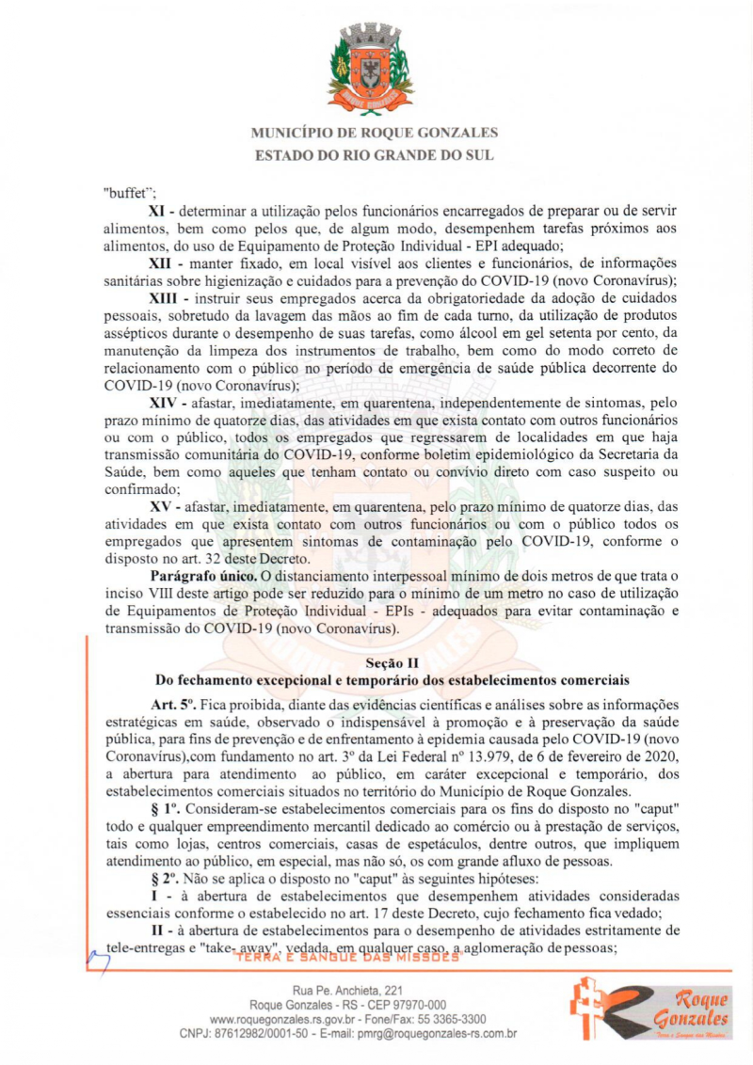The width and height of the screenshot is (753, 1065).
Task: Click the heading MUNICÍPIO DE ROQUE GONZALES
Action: click(376, 133)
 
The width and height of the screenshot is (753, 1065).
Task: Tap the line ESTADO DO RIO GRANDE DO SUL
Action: click(376, 154)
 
